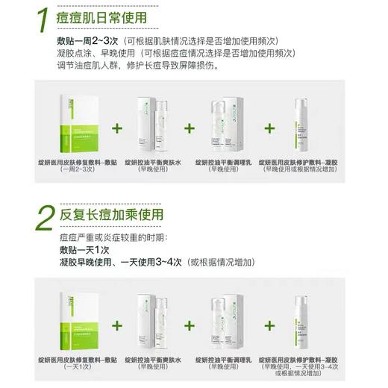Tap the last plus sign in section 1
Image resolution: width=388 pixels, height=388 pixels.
click(269, 128)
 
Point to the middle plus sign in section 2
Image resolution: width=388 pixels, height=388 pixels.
click(190, 325)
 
